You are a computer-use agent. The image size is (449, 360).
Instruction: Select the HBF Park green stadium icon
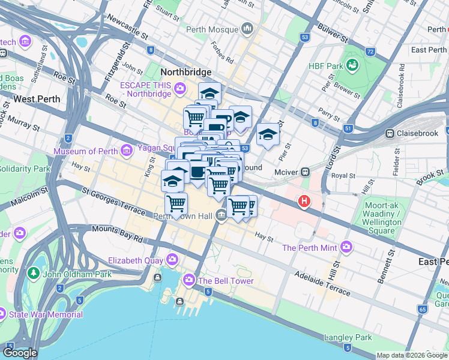pyautogui.click(x=352, y=64)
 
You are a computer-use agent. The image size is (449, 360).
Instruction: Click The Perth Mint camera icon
pyautogui.click(x=346, y=247)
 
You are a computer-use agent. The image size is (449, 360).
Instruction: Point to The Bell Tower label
pyautogui.click(x=226, y=281)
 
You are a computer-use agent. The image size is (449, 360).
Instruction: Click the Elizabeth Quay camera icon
pyautogui.click(x=173, y=260)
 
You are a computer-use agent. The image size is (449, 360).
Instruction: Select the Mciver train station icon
pyautogui.click(x=306, y=172)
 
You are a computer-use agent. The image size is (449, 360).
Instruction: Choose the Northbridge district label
pyautogui.click(x=186, y=72)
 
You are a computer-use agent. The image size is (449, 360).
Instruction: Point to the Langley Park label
pyautogui.click(x=348, y=337)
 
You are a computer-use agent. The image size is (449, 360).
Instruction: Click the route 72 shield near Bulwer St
pyautogui.click(x=370, y=52)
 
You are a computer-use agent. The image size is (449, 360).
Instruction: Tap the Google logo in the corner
pyautogui.click(x=20, y=353)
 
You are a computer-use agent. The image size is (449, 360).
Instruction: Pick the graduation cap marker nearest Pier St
pyautogui.click(x=268, y=134)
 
